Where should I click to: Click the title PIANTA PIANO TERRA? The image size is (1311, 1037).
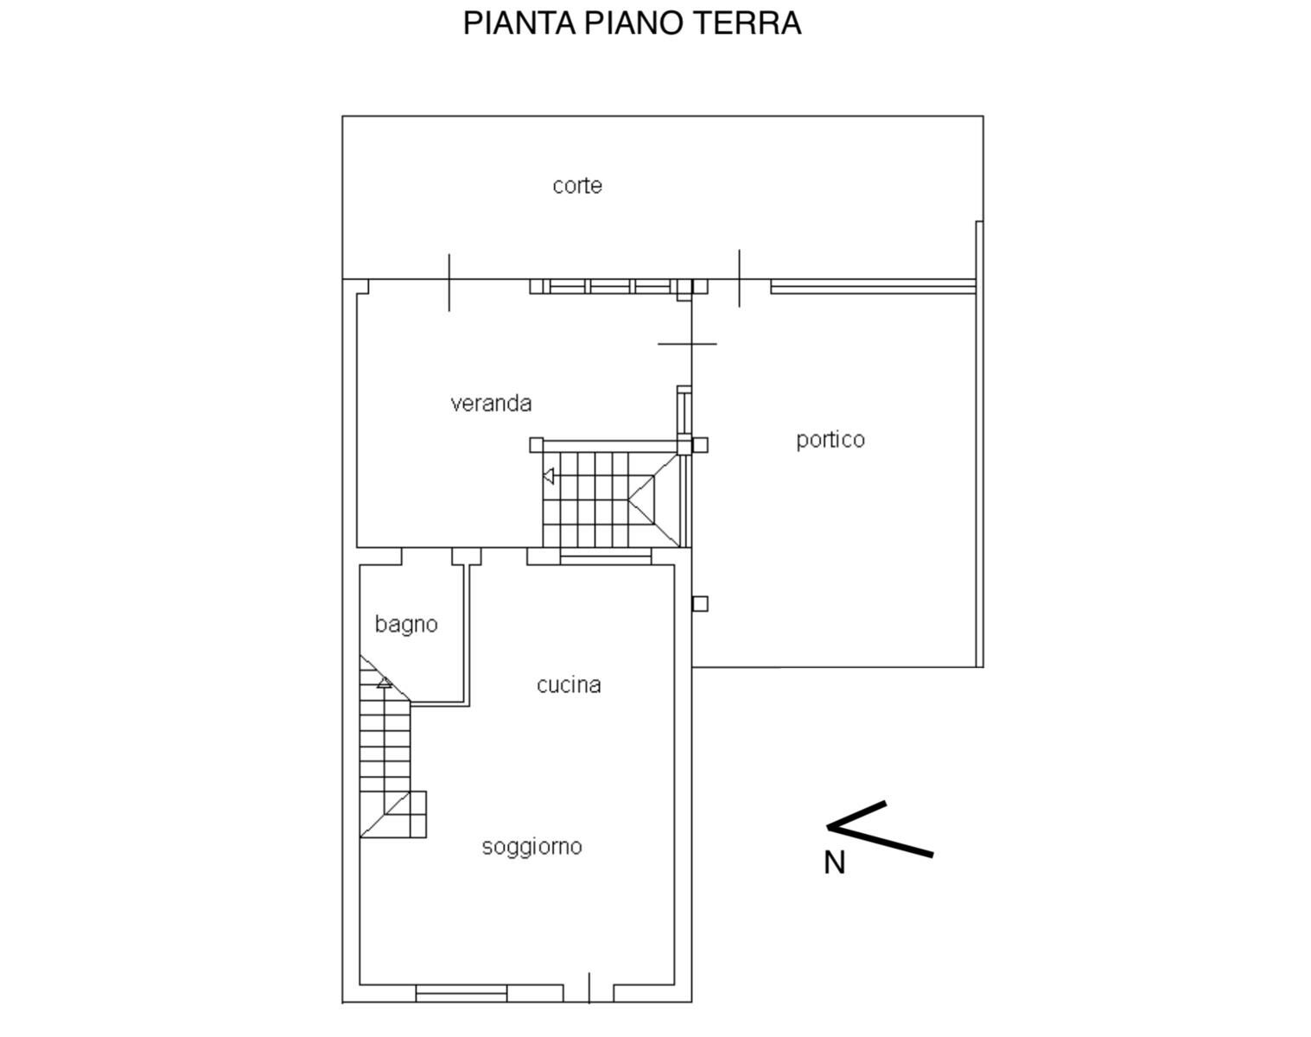632,23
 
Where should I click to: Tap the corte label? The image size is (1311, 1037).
577,185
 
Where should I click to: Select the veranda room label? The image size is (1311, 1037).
491,404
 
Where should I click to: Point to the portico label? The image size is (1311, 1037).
831,439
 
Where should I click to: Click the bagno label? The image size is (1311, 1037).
406,625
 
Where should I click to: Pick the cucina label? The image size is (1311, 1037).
569,684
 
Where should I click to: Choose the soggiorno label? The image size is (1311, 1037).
531,847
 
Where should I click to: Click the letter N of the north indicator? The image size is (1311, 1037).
835,863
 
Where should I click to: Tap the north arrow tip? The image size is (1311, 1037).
827,827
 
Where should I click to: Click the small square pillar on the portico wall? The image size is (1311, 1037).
700,604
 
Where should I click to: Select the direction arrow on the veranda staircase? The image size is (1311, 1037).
548,476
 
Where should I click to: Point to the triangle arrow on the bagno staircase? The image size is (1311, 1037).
384,683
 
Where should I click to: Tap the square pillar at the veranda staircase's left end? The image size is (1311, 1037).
536,445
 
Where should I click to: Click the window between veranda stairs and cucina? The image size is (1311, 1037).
606,557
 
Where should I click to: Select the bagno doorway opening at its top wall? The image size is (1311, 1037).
426,557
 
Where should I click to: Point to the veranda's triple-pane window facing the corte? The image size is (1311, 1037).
610,286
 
